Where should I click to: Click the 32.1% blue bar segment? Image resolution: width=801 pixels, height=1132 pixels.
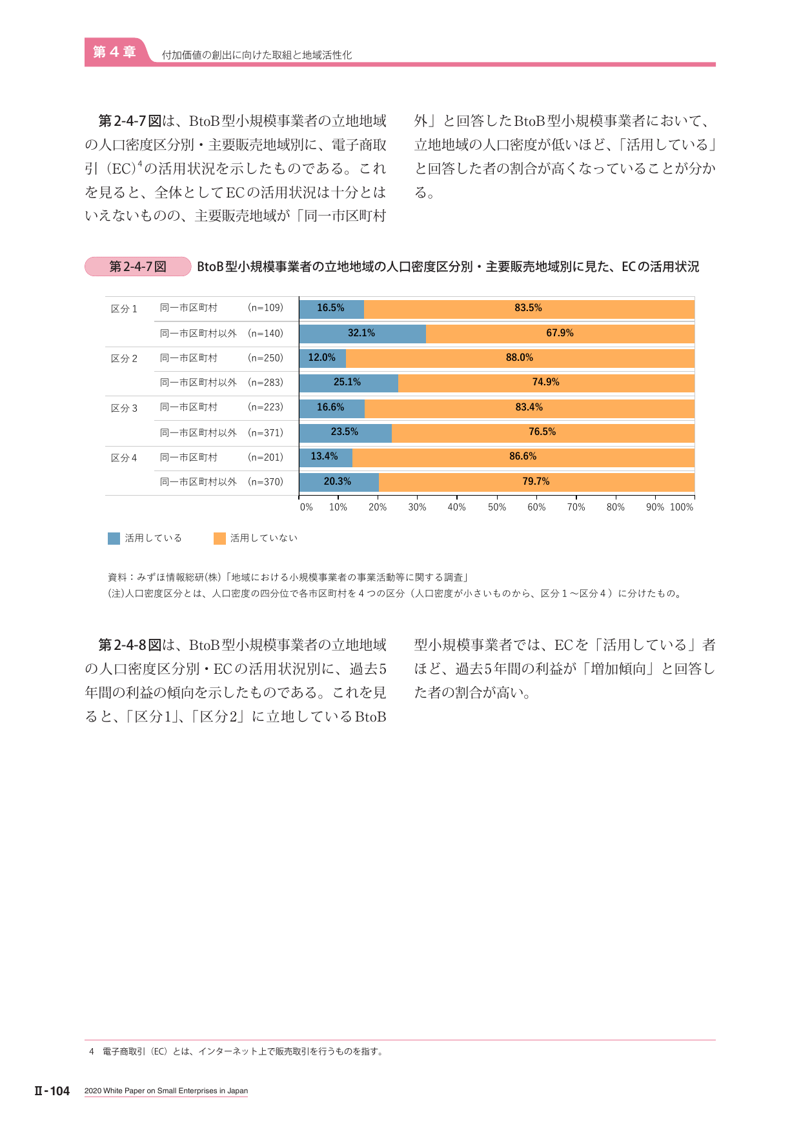tap(362, 333)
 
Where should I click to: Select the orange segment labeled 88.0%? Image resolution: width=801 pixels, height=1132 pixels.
tap(520, 358)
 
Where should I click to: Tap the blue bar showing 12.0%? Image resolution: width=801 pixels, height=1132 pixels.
tap(323, 358)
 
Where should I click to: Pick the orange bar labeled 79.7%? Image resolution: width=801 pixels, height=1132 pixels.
tap(536, 481)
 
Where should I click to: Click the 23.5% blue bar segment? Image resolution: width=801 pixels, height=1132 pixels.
tap(345, 432)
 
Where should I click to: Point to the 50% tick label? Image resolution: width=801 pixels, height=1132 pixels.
tap(497, 507)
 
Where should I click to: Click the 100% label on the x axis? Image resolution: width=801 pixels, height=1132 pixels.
tap(682, 507)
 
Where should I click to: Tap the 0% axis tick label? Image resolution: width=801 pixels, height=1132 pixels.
tap(306, 507)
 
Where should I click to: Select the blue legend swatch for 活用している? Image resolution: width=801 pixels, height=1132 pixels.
tap(114, 538)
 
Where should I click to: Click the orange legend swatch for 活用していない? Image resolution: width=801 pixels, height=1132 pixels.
tap(219, 538)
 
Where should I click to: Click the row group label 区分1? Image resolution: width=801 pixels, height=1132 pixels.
tap(124, 309)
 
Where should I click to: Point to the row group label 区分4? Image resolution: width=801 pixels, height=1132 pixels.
tap(124, 458)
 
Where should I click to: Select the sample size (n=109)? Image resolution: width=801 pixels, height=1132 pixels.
tap(265, 308)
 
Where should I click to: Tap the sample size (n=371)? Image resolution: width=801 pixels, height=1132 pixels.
tap(265, 433)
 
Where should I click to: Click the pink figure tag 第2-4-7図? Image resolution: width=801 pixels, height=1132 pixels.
tap(138, 267)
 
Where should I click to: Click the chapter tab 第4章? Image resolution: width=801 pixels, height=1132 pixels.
tap(114, 52)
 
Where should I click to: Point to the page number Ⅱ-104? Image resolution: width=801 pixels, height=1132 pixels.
tap(52, 1091)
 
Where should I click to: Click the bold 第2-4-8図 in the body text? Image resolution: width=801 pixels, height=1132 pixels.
tap(129, 645)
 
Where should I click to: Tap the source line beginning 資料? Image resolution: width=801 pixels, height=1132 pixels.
tap(288, 577)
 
